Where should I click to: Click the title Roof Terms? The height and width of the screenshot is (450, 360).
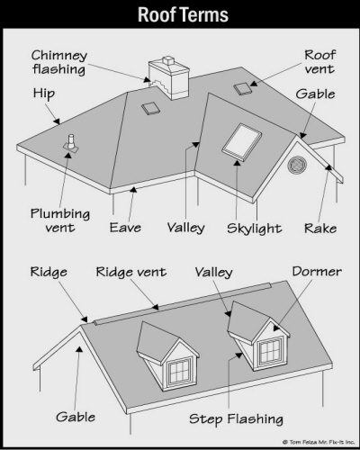click(183, 14)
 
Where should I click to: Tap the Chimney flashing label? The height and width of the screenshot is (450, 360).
click(59, 62)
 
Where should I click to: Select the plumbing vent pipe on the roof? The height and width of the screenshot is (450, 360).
click(71, 143)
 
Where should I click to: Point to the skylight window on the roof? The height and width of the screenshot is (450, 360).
click(242, 141)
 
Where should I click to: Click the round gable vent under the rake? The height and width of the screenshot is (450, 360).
click(297, 165)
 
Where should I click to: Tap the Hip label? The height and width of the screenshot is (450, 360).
click(44, 94)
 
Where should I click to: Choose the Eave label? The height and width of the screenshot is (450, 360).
click(125, 228)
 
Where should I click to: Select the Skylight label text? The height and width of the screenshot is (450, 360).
click(254, 229)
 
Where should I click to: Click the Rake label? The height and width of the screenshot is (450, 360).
click(320, 228)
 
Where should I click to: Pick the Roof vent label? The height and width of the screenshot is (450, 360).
click(319, 62)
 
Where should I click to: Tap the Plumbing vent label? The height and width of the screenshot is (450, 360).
click(60, 220)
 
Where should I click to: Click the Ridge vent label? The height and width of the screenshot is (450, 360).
click(130, 272)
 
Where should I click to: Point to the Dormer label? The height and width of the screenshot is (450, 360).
click(317, 271)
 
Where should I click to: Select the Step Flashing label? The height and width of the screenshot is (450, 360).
click(236, 418)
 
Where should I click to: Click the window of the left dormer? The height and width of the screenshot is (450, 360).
click(179, 372)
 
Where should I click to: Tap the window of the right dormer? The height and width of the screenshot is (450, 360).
click(271, 351)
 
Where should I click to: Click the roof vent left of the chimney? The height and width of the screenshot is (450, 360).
click(150, 108)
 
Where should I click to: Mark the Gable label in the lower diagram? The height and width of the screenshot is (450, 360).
click(76, 417)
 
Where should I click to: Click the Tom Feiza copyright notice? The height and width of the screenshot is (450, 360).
click(318, 442)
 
